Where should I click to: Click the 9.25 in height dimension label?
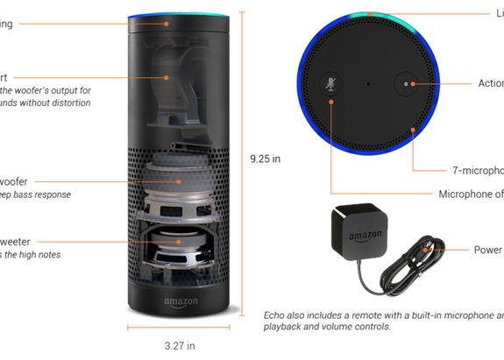coord(266,159)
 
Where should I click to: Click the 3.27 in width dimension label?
coord(180,345)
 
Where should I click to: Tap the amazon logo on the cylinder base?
coord(180,304)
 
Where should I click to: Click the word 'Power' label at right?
coord(487,250)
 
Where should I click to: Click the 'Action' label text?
coord(490,84)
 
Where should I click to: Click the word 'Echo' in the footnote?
coord(276,314)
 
